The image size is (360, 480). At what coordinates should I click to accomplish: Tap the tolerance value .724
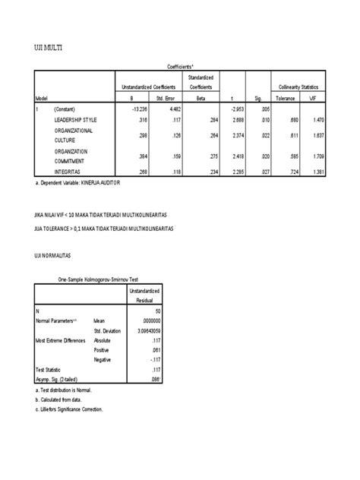pos(287,172)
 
